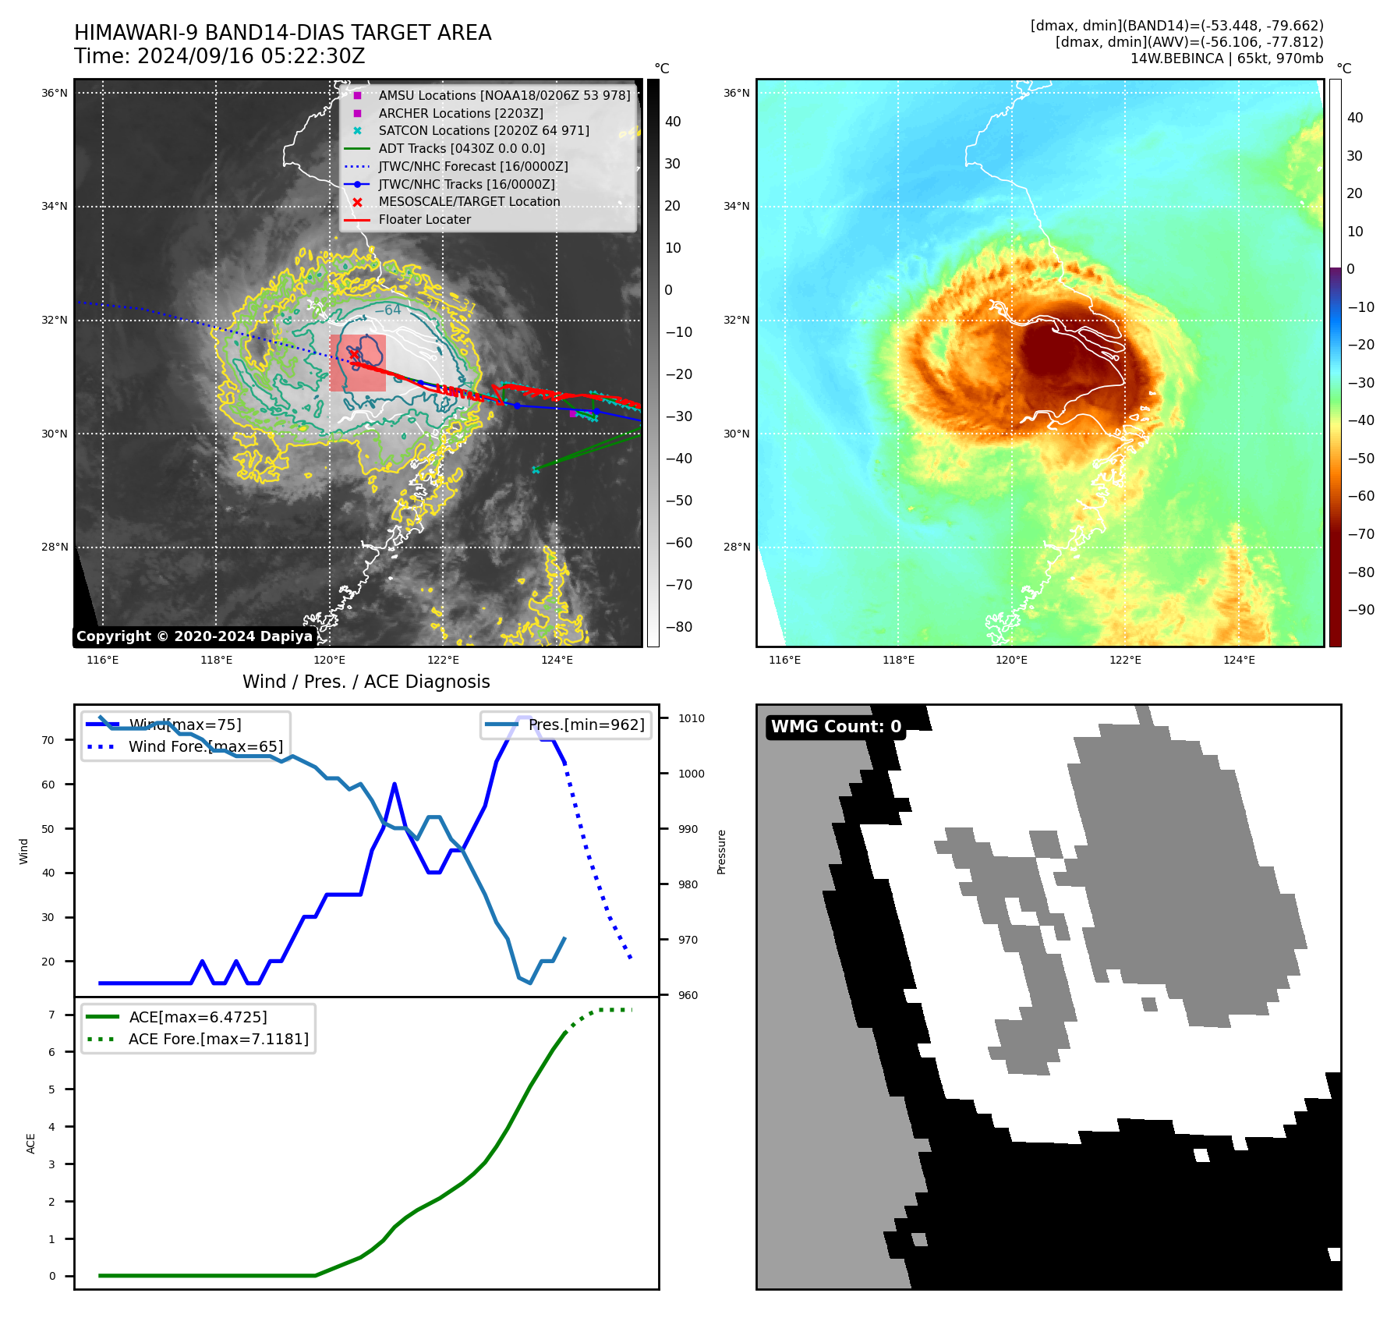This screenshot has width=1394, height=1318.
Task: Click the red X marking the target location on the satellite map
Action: coord(354,355)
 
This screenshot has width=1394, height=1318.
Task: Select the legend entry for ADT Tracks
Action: coord(462,148)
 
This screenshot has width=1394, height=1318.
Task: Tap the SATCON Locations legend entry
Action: coord(483,130)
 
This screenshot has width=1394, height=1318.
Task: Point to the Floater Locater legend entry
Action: coord(424,219)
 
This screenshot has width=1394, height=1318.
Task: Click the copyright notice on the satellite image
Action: coord(194,636)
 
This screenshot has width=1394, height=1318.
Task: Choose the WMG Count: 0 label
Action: coord(836,727)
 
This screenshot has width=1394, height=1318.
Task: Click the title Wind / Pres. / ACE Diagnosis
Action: coord(366,682)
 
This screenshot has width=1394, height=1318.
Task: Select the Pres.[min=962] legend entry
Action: coord(586,725)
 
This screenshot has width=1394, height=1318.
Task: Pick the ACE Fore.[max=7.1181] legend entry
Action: coord(218,1039)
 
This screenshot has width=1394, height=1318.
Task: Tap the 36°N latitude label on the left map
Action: coord(55,93)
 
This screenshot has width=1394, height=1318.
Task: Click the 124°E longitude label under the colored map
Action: coord(1239,660)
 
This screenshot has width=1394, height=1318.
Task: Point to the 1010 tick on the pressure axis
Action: coord(692,718)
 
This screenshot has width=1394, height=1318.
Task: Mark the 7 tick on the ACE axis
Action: coord(52,1014)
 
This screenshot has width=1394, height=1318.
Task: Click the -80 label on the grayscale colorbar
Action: coord(678,626)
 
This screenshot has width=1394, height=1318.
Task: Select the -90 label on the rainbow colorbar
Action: coord(1360,609)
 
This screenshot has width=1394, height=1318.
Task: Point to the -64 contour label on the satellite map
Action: coord(387,310)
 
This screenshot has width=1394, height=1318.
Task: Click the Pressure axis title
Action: coord(721,852)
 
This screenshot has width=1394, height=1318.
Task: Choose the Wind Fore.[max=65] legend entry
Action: coord(206,746)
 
